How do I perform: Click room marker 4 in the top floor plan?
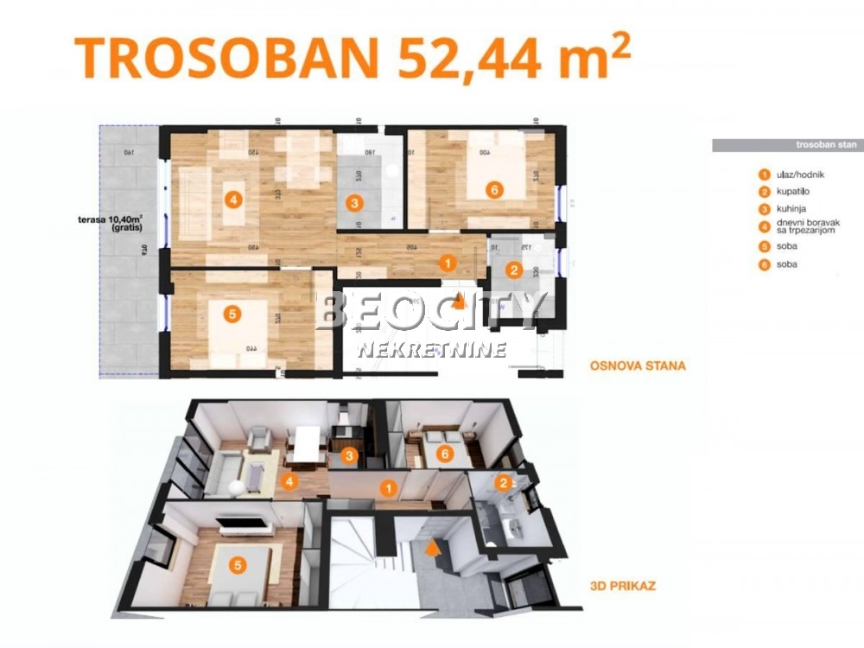point(232,200)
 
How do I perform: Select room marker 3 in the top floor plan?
point(353,204)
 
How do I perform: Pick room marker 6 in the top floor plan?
point(492,189)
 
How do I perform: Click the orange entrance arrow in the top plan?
point(460,301)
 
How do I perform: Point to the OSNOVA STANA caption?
point(638,365)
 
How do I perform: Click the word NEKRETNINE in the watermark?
point(432,350)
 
